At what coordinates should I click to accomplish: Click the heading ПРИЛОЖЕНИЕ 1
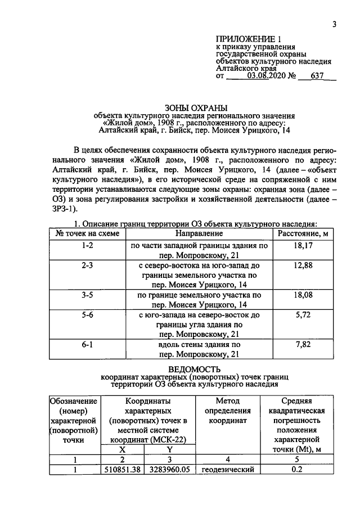coord(247,38)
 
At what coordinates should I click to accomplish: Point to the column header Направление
coord(199,233)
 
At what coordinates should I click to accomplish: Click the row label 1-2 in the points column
coord(87,246)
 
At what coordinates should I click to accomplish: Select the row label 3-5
coord(87,295)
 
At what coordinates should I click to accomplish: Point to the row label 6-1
coord(87,344)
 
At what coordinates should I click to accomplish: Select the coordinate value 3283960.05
coord(168,470)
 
